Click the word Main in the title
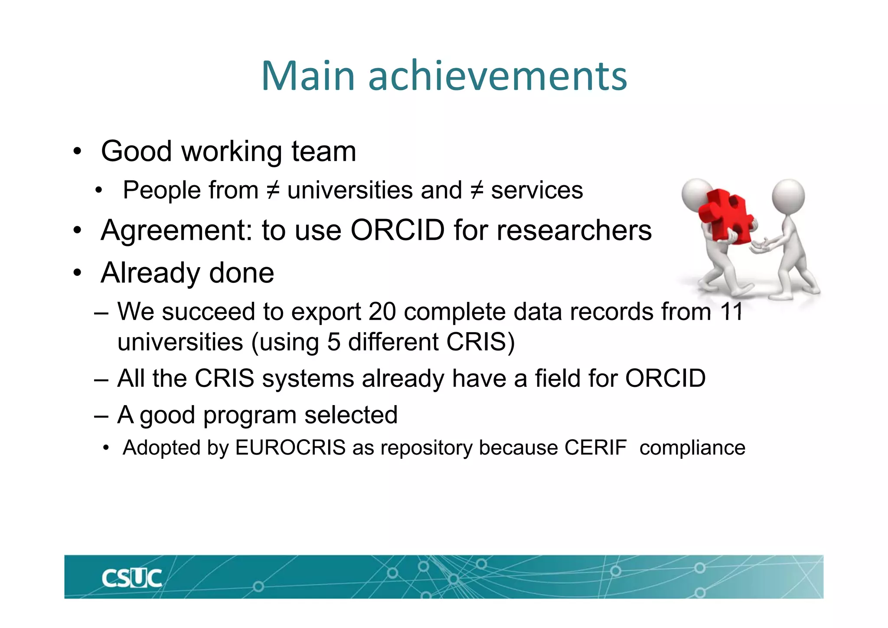[308, 76]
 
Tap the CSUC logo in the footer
[131, 578]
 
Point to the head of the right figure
[788, 196]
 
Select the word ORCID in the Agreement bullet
[397, 230]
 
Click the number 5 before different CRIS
[333, 342]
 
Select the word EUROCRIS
[290, 448]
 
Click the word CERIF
[595, 448]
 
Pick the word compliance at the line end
[692, 448]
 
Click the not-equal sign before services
[477, 190]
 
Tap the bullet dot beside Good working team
[77, 152]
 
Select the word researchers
[574, 230]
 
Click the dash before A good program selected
[101, 415]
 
